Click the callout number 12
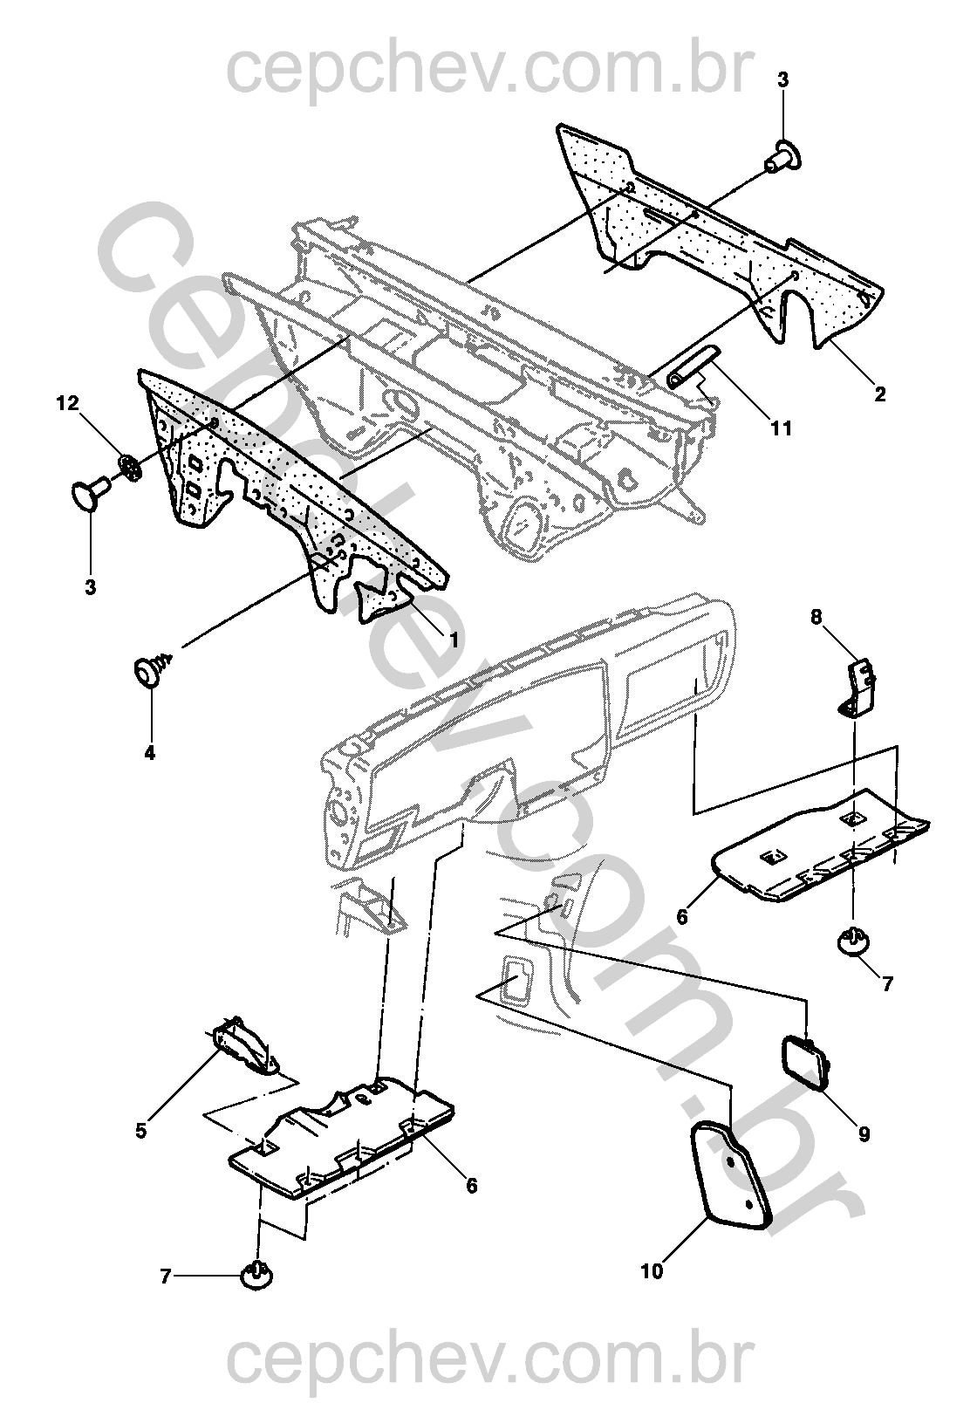click(x=67, y=403)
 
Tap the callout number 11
click(x=781, y=428)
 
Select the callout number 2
click(x=879, y=394)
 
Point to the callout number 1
click(x=454, y=640)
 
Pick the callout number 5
click(x=140, y=1131)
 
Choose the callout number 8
click(x=816, y=617)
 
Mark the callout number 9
click(x=864, y=1135)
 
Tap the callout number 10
click(x=652, y=1271)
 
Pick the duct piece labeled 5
click(x=244, y=1044)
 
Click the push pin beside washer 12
click(x=87, y=493)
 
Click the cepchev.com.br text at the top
click(x=488, y=72)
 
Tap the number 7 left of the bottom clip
click(x=166, y=1277)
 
